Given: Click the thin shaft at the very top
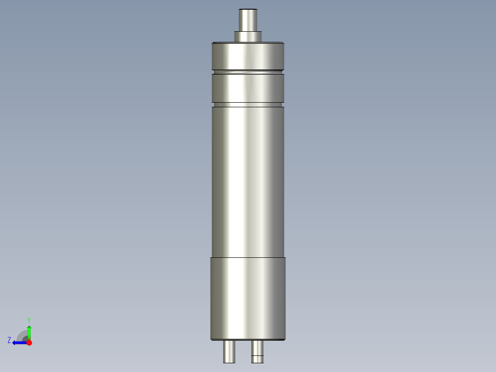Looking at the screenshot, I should pos(248,21).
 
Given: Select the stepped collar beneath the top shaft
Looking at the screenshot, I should pos(248,36).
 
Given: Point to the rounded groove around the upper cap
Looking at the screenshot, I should pos(248,72).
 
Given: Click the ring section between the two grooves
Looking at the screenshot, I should pos(248,88).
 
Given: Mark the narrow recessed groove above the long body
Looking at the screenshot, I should pos(248,105).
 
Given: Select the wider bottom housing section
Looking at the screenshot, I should pos(248,298).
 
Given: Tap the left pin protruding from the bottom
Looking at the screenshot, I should pos(229,352).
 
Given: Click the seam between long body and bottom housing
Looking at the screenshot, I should pos(248,257).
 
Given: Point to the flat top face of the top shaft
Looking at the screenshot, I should pos(248,10).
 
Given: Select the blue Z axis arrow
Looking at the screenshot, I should pos(18,343).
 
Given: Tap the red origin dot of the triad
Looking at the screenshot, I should pos(29,343).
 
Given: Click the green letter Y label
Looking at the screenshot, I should pos(29,320).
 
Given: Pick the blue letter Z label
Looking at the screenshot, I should pos(9,340).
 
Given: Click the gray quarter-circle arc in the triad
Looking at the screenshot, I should pos(22,335).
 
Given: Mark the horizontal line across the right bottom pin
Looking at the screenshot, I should pos(258,356).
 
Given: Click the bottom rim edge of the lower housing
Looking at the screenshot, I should pos(248,340).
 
